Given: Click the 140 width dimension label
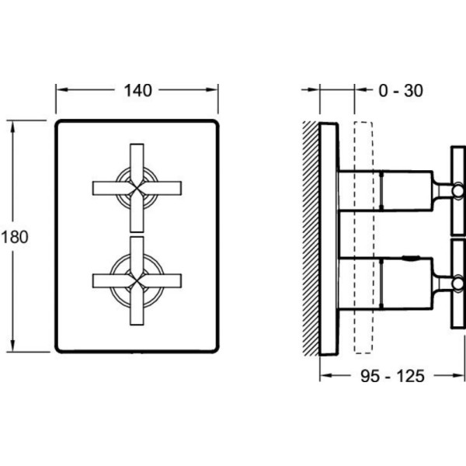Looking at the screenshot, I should click(x=137, y=90).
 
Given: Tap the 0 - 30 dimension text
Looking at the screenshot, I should click(x=402, y=91).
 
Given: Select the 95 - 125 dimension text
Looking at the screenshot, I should click(x=393, y=377).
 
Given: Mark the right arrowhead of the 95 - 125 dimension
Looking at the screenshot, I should click(x=460, y=377).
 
